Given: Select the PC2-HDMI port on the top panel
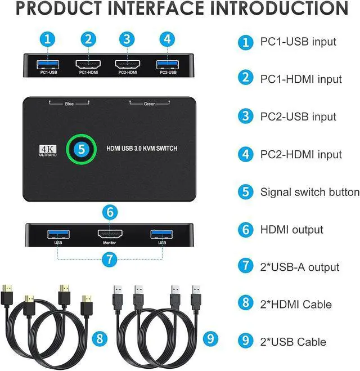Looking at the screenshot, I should tap(127, 63).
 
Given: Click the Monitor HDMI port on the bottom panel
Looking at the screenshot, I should tap(110, 234).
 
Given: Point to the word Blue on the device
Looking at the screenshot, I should tap(69, 104).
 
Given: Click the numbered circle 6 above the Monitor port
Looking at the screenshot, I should tap(111, 212).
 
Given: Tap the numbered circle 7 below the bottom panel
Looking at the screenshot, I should tap(111, 260).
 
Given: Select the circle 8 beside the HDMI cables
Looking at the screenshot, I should tap(100, 338).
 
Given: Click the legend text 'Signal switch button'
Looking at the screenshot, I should tap(309, 192).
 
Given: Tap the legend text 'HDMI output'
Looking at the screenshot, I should tap(291, 230).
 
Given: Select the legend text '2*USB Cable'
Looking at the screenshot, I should tap(293, 342).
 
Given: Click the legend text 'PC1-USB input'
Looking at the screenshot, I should tap(298, 42).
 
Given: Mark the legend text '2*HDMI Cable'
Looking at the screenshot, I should tap(296, 305).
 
